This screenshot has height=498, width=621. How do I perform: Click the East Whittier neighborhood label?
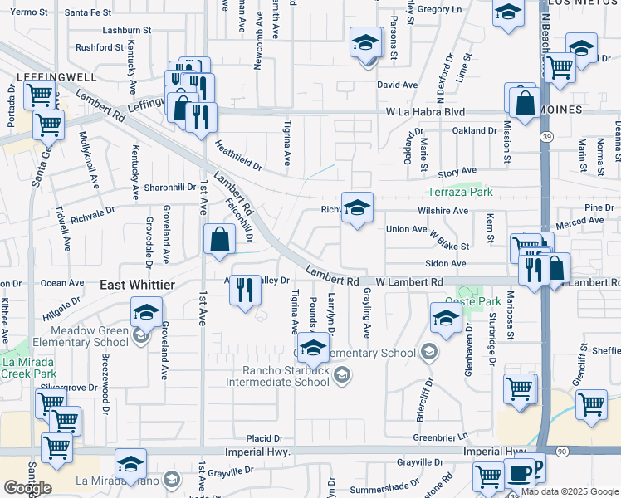click(137, 285)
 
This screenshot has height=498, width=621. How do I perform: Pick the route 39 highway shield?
click(545, 136)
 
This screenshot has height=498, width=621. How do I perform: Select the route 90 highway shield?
click(563, 450)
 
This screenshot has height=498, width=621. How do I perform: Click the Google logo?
click(27, 487)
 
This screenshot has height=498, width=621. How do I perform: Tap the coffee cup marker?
click(521, 472)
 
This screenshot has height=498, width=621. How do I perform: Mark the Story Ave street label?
click(457, 173)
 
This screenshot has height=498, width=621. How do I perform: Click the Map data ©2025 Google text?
click(570, 491)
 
